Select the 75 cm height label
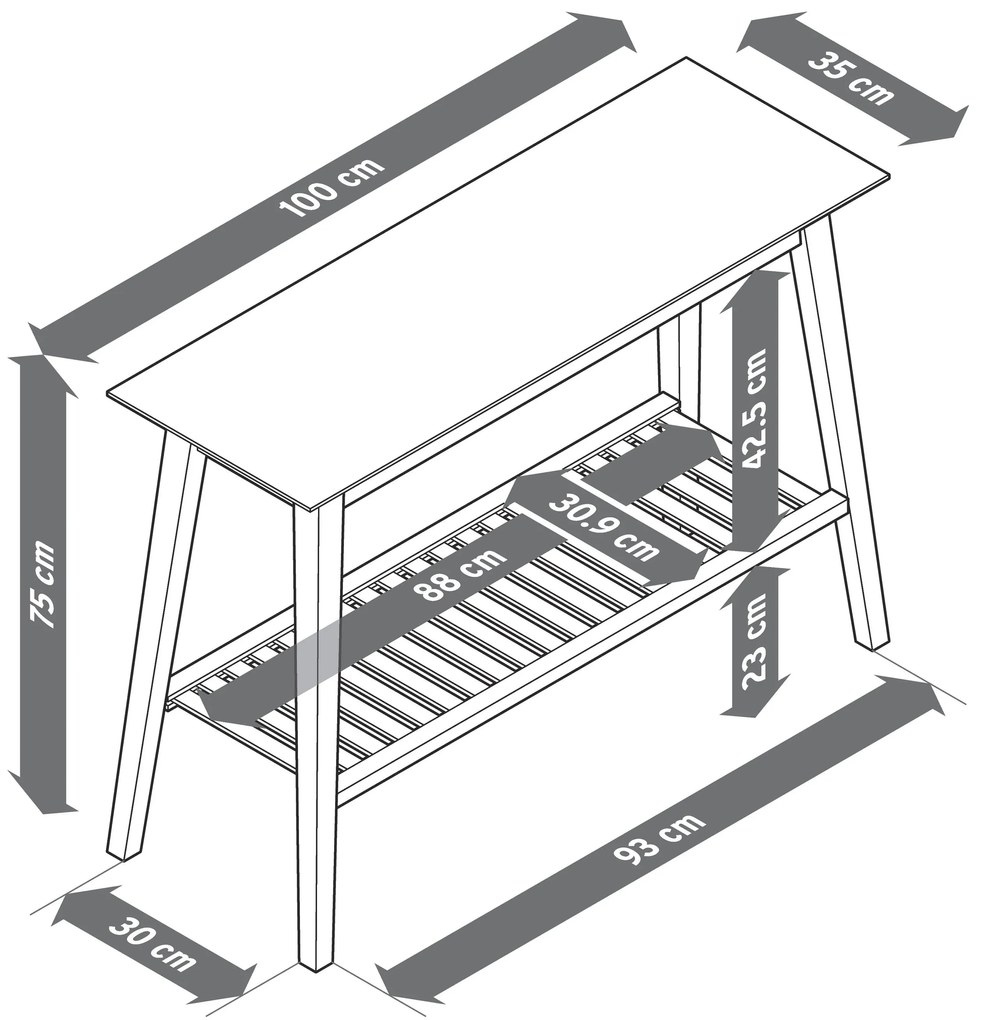[x=44, y=584]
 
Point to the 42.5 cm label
[x=755, y=409]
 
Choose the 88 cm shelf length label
[x=460, y=575]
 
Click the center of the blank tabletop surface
[x=498, y=280]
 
